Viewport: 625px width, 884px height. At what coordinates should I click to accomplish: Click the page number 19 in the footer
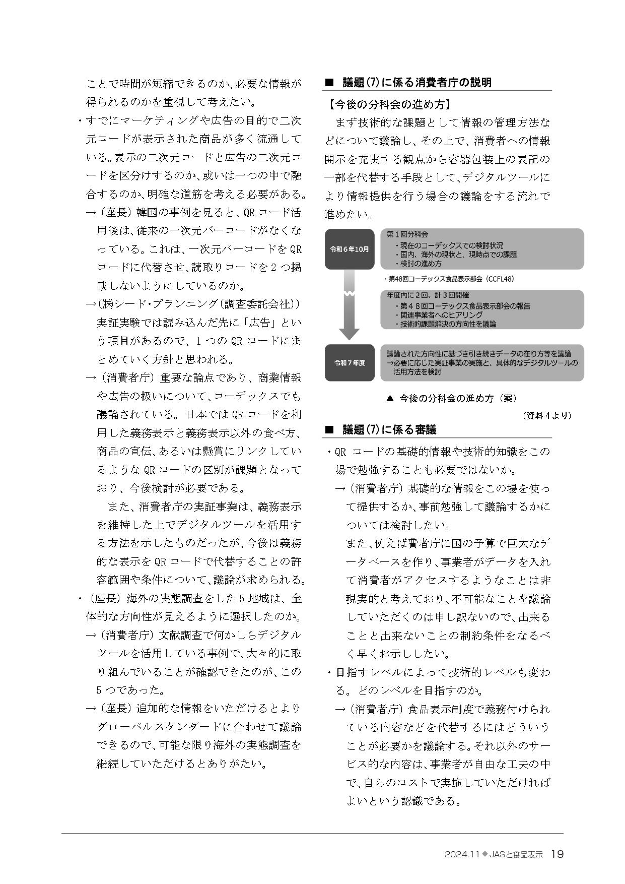[557, 854]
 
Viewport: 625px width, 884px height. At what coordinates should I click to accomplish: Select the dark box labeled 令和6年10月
[350, 249]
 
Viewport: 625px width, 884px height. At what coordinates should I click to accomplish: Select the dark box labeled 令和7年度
[350, 362]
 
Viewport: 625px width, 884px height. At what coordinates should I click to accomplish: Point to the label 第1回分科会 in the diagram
[407, 234]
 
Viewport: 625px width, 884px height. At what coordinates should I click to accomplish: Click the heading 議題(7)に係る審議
[389, 429]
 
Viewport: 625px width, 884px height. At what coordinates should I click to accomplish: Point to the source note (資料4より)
[546, 415]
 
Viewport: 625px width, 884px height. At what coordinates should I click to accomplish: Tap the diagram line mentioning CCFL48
[450, 279]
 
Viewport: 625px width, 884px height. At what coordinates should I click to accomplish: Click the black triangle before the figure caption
[389, 398]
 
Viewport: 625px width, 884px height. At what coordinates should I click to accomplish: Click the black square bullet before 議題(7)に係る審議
[330, 430]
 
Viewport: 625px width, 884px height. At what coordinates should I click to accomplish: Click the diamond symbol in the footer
[484, 854]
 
